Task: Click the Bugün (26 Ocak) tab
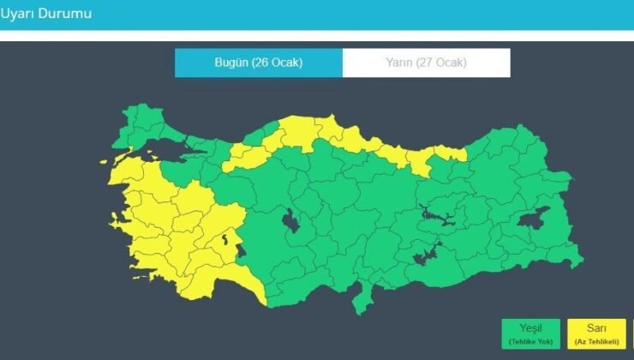click(x=258, y=63)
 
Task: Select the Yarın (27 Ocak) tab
click(x=426, y=63)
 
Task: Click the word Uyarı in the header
click(x=19, y=14)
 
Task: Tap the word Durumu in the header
click(x=68, y=14)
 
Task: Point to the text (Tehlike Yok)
click(x=531, y=339)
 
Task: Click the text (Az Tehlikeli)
click(x=597, y=339)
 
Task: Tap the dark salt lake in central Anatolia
click(x=291, y=222)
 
